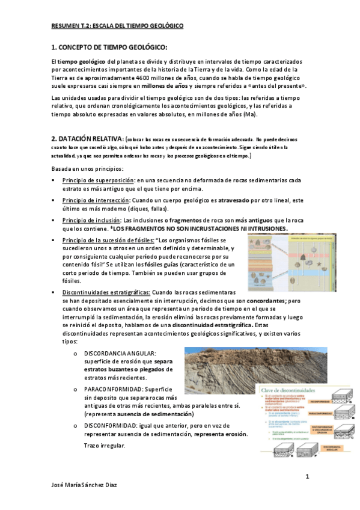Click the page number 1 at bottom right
pos(307,477)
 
